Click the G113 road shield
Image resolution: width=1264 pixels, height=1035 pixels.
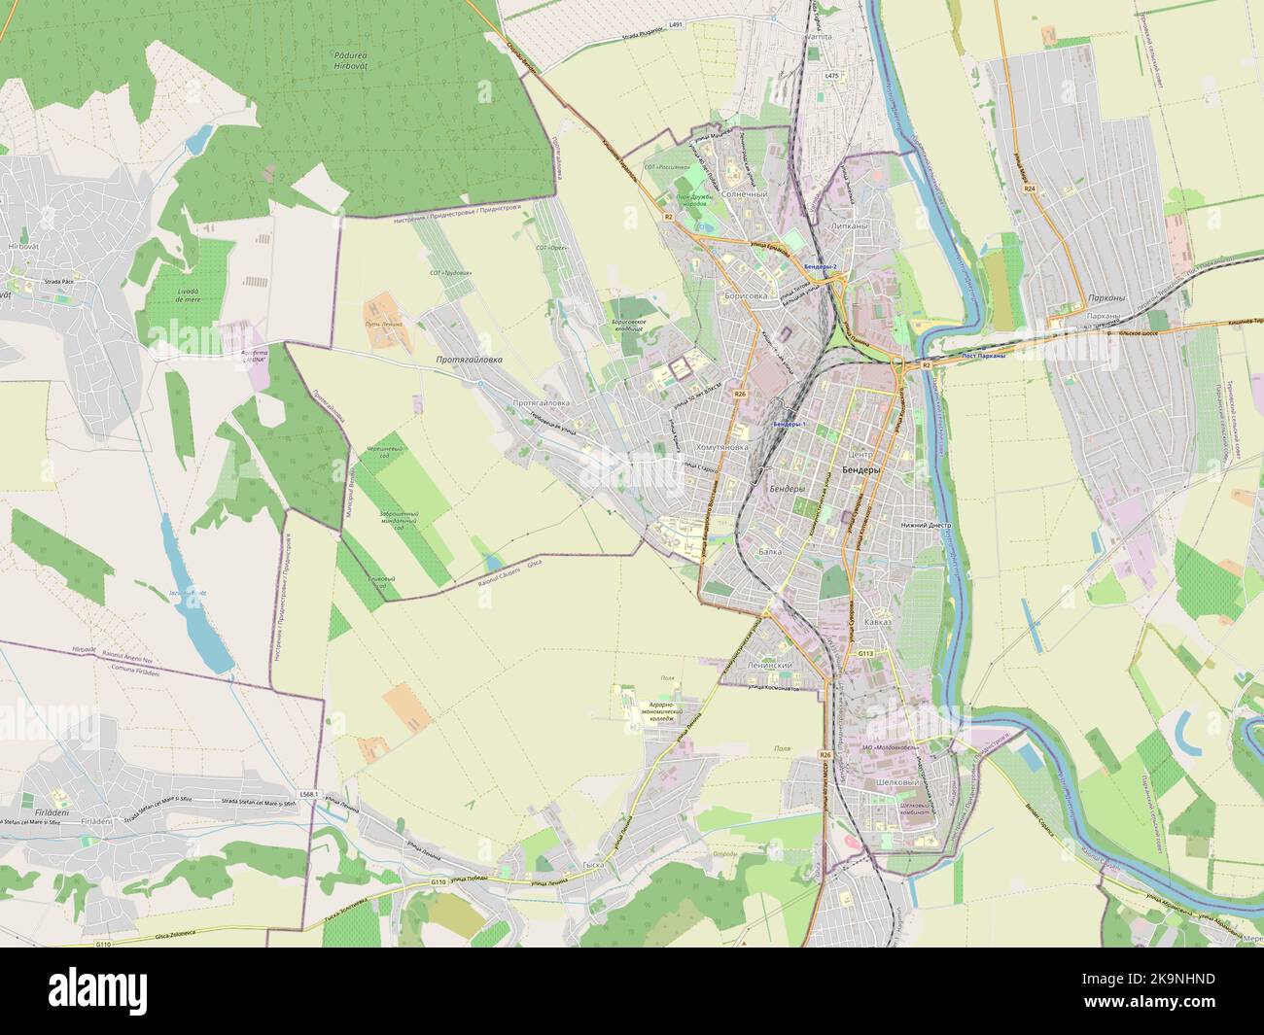[x=865, y=654]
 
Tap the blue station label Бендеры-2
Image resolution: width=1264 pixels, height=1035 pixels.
[x=821, y=265]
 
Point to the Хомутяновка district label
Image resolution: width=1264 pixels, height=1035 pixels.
[x=723, y=447]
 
